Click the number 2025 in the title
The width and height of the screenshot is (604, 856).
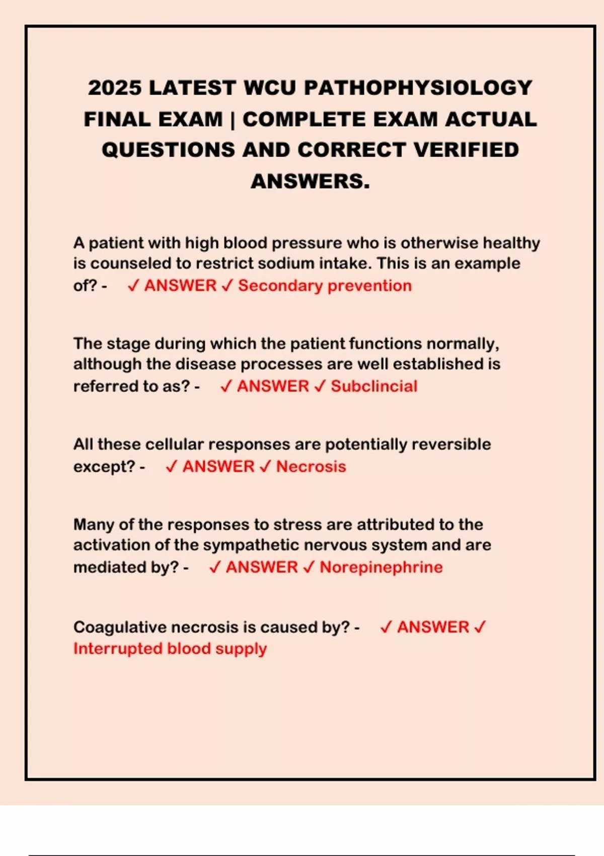[x=115, y=88]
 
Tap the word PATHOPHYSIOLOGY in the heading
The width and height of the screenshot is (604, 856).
[x=418, y=88]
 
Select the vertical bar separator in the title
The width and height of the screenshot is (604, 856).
[x=232, y=120]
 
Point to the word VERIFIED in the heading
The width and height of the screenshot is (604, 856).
[x=466, y=150]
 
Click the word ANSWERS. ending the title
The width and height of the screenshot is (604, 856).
[x=310, y=181]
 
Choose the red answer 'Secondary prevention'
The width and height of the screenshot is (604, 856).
[x=325, y=286]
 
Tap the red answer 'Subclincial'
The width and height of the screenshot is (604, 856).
[x=374, y=386]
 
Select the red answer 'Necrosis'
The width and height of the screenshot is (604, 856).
[x=311, y=467]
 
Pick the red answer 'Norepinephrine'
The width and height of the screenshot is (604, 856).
[x=381, y=567]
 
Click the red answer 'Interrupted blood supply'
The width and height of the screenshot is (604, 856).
[x=170, y=649]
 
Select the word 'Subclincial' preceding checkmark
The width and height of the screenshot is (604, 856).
[x=320, y=386]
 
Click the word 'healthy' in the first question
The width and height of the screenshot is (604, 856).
[x=511, y=243]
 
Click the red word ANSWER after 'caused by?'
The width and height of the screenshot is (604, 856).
[x=433, y=627]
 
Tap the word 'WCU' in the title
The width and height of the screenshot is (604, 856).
[x=270, y=88]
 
